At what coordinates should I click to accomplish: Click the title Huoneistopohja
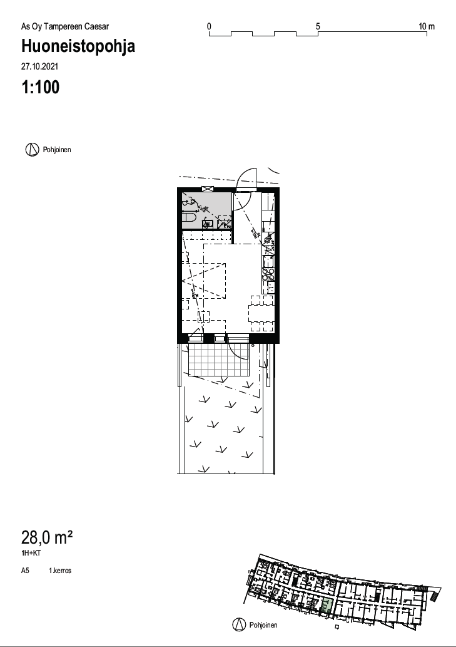point(78,46)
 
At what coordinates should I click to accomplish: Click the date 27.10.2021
point(39,66)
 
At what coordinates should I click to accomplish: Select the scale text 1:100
point(41,87)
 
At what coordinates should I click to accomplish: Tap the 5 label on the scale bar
point(318,26)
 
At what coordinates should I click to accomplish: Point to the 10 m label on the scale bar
point(427,26)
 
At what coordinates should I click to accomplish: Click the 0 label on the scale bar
point(210,26)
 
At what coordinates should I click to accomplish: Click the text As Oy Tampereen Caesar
point(65,27)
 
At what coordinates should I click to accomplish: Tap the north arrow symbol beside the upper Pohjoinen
point(32,150)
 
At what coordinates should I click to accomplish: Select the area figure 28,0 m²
point(47,538)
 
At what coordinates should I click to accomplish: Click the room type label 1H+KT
point(31,553)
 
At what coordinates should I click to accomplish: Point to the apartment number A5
point(25,571)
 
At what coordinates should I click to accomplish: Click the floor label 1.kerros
point(60,571)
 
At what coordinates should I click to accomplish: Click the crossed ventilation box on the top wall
point(208,189)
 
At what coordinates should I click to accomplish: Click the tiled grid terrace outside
point(219,360)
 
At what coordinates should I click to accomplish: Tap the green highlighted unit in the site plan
point(327,605)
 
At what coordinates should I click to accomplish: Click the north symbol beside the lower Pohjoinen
point(239,624)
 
